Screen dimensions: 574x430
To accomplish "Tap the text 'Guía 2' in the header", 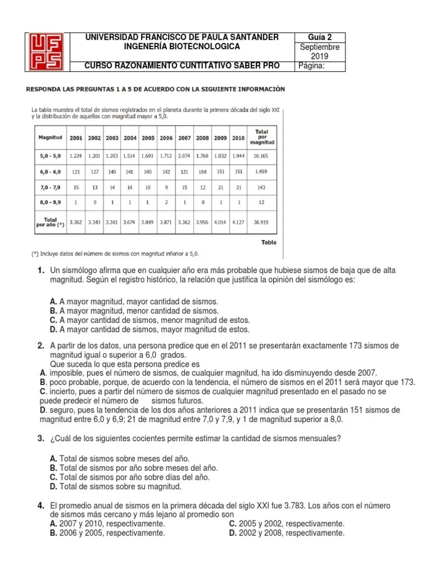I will tap(320, 38).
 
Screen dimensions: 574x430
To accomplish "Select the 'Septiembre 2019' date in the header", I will tap(320, 52).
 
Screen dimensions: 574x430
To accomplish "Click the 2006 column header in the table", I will tap(166, 137).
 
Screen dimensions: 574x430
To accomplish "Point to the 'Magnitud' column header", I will tap(50, 137).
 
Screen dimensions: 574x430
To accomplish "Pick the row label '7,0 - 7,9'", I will tap(50, 186).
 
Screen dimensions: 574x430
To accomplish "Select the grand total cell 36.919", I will tap(261, 222).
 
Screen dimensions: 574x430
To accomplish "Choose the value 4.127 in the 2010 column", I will tap(237, 222).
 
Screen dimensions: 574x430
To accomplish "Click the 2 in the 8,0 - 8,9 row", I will tap(166, 202).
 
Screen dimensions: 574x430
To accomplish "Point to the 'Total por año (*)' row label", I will tap(49, 222).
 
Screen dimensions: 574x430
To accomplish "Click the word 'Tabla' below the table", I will tap(268, 242).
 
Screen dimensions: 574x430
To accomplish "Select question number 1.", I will tap(41, 271).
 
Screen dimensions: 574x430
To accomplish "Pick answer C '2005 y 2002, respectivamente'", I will tap(287, 524).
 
